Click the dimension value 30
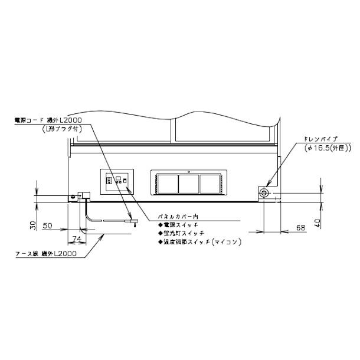34,225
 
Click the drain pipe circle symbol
264,193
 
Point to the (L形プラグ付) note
61,129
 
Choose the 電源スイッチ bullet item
177,225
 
